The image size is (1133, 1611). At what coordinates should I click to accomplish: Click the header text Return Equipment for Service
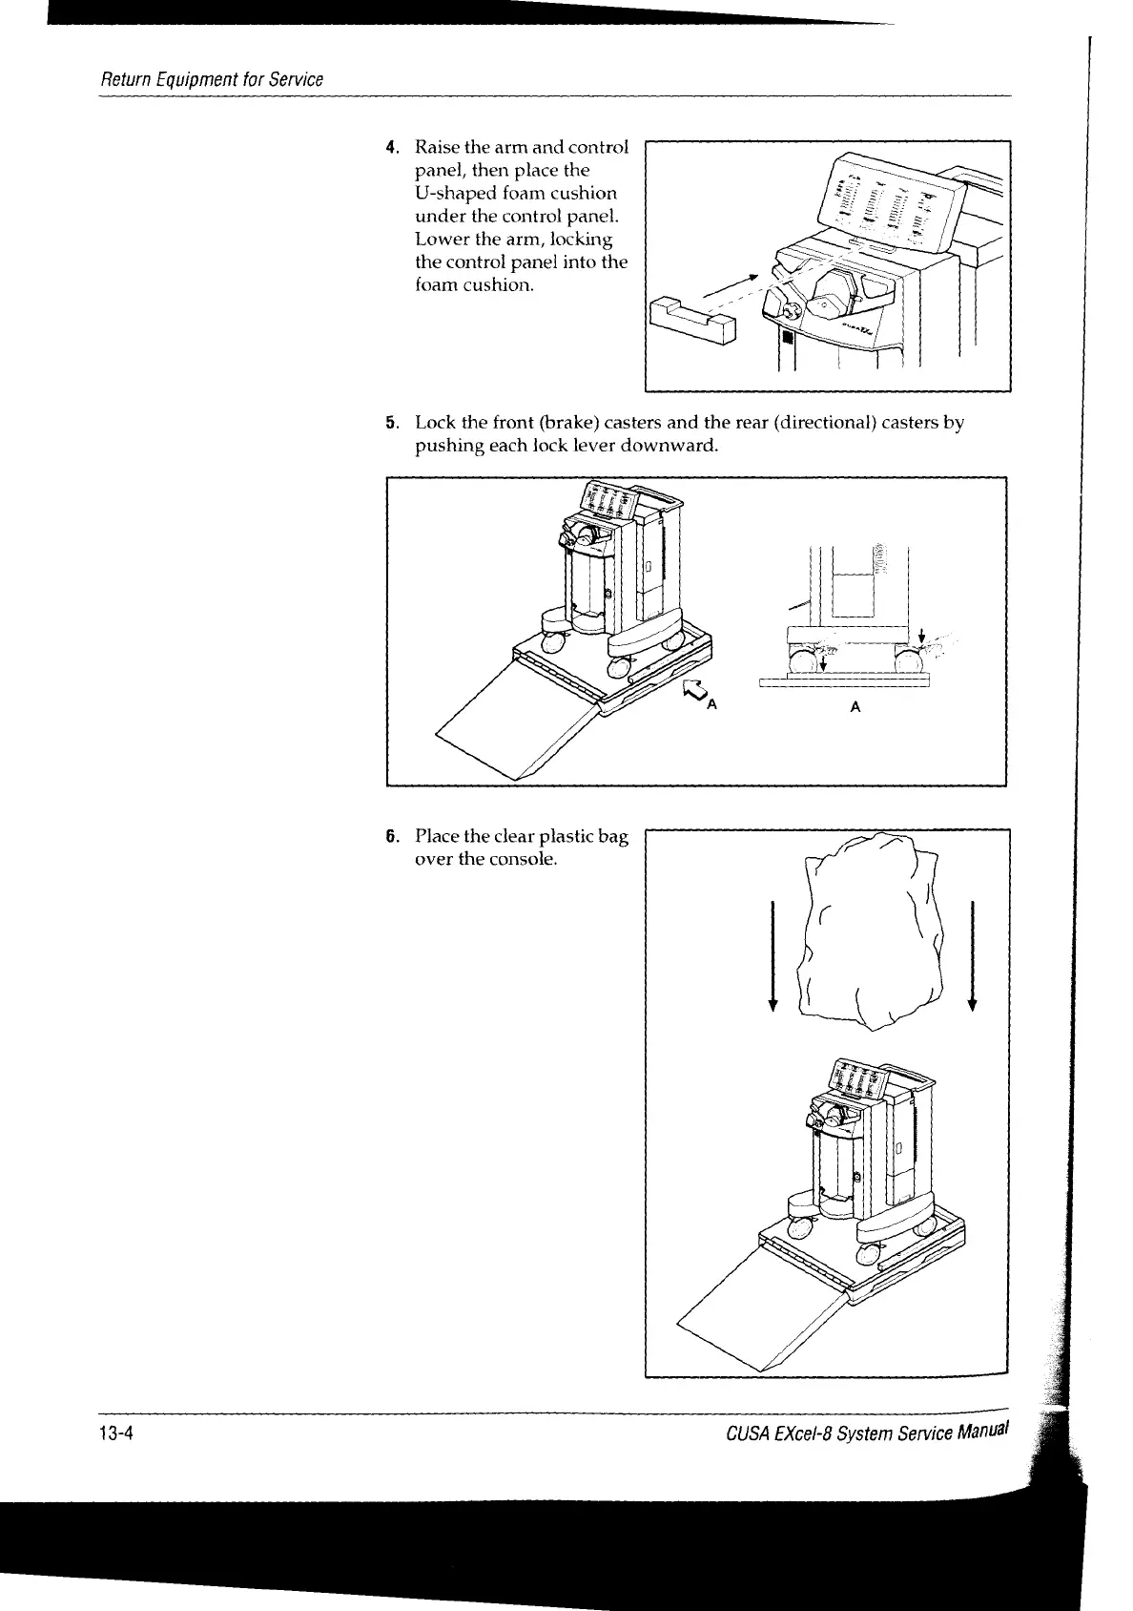pos(212,79)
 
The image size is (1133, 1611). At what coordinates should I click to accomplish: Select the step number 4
pos(390,148)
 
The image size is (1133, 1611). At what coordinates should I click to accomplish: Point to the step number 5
pos(390,423)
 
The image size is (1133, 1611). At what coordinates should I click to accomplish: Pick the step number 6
pos(390,837)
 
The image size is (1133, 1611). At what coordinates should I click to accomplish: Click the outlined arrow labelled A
pos(693,692)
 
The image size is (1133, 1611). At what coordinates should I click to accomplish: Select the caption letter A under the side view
pos(855,707)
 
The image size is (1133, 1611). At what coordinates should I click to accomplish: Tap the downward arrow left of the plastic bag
pos(773,954)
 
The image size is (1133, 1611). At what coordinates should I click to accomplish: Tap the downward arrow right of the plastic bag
pos(972,954)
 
